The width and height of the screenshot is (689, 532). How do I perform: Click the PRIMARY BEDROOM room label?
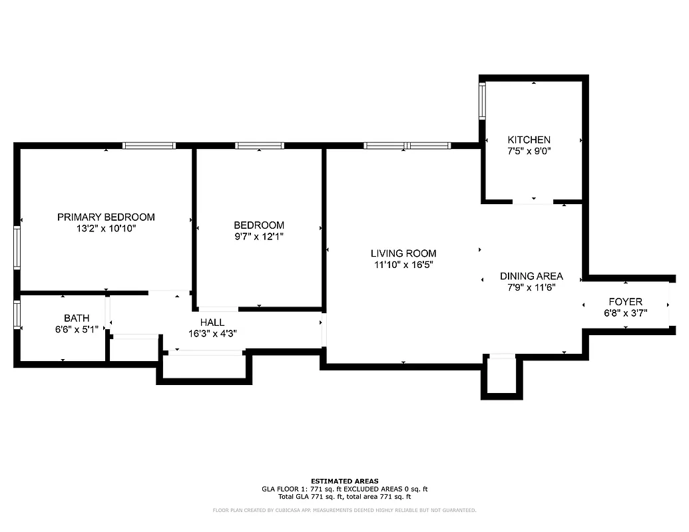(x=106, y=217)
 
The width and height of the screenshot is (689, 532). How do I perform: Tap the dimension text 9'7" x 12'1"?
(x=258, y=236)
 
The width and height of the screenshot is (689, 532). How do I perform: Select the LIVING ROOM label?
(x=403, y=253)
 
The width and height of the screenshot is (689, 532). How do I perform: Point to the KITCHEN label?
(x=529, y=140)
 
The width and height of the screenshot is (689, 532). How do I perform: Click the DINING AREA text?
(x=531, y=276)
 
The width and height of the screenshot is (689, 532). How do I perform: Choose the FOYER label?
(x=625, y=301)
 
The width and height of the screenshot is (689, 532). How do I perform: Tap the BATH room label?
(x=77, y=318)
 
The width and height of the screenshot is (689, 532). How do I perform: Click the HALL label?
(x=212, y=323)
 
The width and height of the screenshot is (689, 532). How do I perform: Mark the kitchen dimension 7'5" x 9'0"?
(x=529, y=151)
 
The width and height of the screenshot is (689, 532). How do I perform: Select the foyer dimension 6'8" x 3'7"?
(x=625, y=313)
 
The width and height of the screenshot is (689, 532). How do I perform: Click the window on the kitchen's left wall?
(x=483, y=101)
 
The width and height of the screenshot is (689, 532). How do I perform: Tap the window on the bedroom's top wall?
(x=260, y=145)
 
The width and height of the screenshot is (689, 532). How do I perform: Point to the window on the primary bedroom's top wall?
(x=149, y=145)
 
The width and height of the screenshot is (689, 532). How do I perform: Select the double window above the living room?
(x=407, y=145)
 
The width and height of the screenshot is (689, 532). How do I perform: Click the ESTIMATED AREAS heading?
(x=344, y=481)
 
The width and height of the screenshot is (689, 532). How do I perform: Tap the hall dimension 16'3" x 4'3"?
(x=212, y=334)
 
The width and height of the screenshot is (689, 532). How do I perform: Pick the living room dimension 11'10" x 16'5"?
(x=403, y=265)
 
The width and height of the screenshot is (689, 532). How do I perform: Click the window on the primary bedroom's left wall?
(x=17, y=247)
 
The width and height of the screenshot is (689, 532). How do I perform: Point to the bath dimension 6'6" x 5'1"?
(x=77, y=329)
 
